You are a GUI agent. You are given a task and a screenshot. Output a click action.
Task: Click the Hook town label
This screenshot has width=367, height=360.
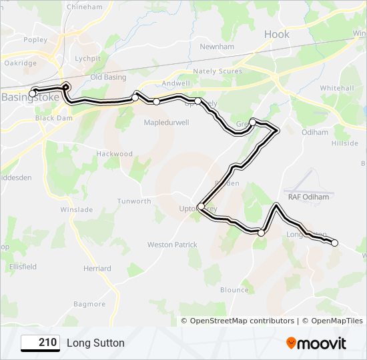coord(277,34)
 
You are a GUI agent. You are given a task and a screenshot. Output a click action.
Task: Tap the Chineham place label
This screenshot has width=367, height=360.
coord(84,7)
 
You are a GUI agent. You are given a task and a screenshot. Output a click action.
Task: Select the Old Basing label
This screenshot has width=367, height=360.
coord(108,77)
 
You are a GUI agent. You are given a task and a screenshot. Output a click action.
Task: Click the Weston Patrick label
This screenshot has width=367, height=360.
coord(172,245)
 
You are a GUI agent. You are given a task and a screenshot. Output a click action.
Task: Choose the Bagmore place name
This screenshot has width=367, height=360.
coord(89,305)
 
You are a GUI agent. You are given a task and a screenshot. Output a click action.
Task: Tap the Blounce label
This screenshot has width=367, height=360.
coord(234,290)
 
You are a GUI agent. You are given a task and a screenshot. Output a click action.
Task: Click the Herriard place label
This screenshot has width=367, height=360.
coord(97,269)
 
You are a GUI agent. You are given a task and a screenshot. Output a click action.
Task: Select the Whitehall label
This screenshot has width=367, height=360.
coord(336,88)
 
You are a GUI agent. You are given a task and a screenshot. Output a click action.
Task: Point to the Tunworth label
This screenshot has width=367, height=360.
coord(134,201)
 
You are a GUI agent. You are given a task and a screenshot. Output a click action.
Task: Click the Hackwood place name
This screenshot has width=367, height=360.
coord(115,153)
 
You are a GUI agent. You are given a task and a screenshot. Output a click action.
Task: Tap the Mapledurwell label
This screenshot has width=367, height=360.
coord(167,123)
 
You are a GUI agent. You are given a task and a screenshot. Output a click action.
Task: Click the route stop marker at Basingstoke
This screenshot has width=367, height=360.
coord(32,93)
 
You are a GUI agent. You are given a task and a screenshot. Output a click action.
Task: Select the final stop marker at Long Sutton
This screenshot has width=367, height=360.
coord(335,243)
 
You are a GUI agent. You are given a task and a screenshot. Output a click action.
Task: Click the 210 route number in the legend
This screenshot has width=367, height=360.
coord(41,343)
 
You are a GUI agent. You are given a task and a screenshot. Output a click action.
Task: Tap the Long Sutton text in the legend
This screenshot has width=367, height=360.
coord(95,343)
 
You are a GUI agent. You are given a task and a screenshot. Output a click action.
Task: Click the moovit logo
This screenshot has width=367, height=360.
coord(316,343)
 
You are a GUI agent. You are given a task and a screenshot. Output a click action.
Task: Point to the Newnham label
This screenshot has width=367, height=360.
coord(217,47)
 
